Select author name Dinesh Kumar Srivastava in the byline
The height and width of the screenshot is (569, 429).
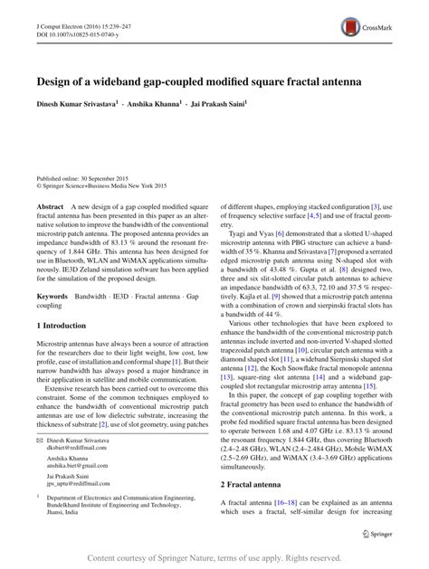pyautogui.click(x=75, y=104)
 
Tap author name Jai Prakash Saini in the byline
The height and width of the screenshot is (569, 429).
pyautogui.click(x=222, y=104)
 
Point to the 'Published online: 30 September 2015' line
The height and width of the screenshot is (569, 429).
pyautogui.click(x=80, y=177)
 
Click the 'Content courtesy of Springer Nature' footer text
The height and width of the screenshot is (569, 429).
pyautogui.click(x=214, y=558)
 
